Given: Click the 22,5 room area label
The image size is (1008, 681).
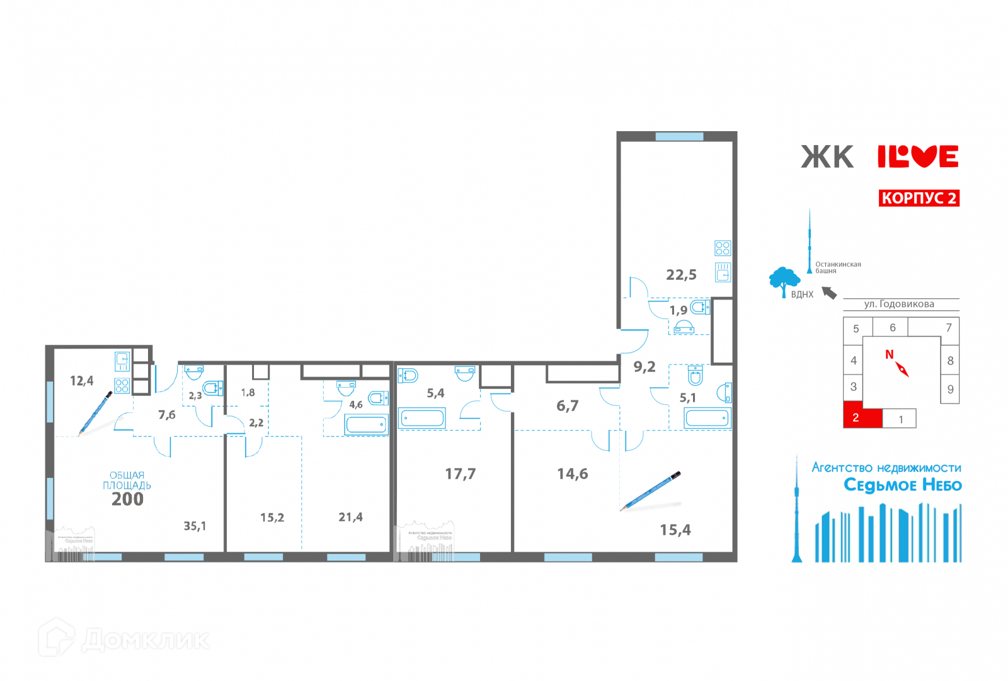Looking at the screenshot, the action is click(x=681, y=275).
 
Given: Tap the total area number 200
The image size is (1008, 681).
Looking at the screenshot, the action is click(x=127, y=499).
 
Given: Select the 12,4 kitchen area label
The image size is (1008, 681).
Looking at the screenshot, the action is click(x=81, y=381).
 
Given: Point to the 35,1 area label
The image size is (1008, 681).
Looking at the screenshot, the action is click(x=195, y=526).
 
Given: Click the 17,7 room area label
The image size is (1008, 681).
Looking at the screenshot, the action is click(x=460, y=474).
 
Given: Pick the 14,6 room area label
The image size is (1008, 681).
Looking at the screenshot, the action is click(x=572, y=474).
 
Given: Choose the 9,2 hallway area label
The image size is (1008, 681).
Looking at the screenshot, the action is click(x=644, y=367).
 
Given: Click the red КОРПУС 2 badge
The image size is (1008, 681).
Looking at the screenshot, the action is click(x=919, y=198).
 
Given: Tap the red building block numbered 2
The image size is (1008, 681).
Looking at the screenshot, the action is click(x=862, y=417).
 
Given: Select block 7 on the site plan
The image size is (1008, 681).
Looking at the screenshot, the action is click(x=948, y=327).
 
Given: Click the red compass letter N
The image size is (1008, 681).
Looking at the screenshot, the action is click(x=889, y=354).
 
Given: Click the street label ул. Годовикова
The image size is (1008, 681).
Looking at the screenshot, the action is click(x=899, y=305).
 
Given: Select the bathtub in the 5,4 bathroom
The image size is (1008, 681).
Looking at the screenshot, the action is click(x=421, y=418).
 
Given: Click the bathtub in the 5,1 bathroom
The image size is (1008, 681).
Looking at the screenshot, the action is click(x=707, y=418).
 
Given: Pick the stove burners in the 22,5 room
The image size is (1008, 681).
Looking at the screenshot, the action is click(x=723, y=248).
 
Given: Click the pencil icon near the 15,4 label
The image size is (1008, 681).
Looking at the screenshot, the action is click(x=651, y=491).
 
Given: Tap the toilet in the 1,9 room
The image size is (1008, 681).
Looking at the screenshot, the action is click(x=699, y=307).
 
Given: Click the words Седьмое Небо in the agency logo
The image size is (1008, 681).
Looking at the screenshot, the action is click(x=902, y=485).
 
